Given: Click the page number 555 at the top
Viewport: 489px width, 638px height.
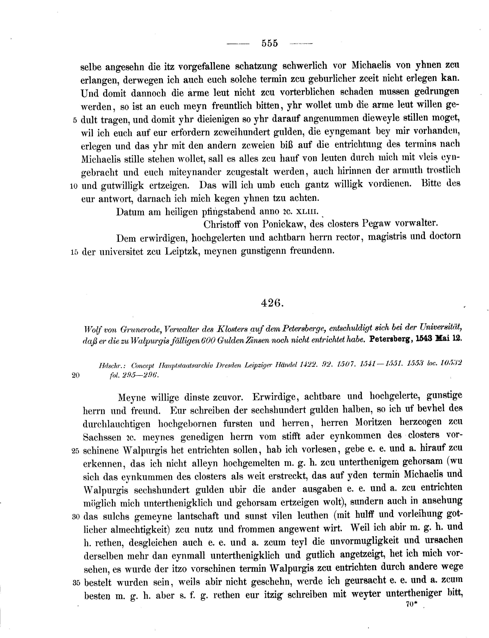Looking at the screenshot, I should coord(270,43).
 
